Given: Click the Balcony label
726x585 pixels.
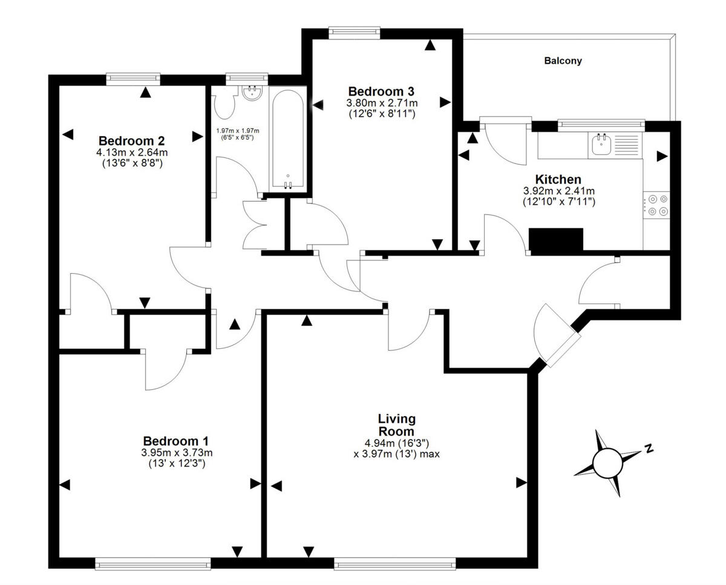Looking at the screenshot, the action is pos(563,61).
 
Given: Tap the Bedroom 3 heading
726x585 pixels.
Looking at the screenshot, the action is pos(381,91).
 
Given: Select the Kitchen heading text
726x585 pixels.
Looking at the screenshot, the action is pos(558,179).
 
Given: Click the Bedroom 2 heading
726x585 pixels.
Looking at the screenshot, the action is pos(131,140).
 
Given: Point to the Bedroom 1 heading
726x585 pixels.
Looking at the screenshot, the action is pos(176,441).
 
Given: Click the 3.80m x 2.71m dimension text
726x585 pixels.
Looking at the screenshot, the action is pos(382,103).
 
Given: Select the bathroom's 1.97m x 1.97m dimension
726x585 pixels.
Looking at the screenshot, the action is pos(238,131).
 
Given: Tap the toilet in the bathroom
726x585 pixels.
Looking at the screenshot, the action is pos(224,102).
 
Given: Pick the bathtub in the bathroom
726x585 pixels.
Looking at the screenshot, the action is pos(288,139).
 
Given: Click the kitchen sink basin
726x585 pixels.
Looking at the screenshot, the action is pos(601,145).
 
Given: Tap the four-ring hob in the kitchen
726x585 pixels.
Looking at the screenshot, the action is pos(656,205).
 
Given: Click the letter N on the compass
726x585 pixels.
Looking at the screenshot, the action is pos(649,449).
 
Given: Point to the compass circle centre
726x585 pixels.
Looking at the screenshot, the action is pos(607,463).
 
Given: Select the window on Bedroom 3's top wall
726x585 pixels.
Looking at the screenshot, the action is pos(355,31).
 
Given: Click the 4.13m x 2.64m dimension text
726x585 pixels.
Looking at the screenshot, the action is pos(132,153).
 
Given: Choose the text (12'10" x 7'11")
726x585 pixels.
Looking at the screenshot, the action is pos(559,202).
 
